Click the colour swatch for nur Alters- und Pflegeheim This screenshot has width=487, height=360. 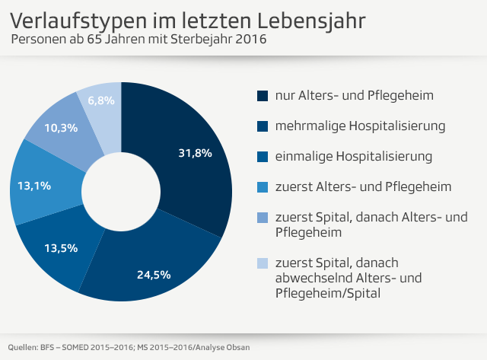click(x=263, y=96)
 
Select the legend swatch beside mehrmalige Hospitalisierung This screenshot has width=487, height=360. click(x=263, y=126)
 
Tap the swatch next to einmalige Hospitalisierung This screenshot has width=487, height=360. click(x=263, y=157)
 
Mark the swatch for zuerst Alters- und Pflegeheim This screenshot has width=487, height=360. click(x=263, y=187)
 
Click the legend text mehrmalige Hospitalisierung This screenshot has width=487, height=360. click(x=360, y=126)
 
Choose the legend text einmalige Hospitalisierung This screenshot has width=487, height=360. click(x=354, y=156)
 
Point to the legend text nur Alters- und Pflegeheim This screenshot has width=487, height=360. click(x=354, y=95)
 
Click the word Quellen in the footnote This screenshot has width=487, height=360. click(x=24, y=347)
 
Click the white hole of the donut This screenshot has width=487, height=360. click(x=121, y=191)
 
